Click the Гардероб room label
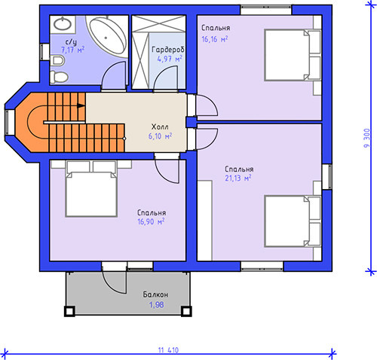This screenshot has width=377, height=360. pyautogui.click(x=168, y=50)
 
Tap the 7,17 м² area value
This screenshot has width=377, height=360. pyautogui.click(x=73, y=50)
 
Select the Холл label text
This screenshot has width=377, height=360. pyautogui.click(x=160, y=127)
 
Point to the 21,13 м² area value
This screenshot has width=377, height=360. pyautogui.click(x=238, y=178)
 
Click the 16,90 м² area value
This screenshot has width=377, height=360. pyautogui.click(x=151, y=221)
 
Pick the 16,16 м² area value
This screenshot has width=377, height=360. pyautogui.click(x=215, y=39)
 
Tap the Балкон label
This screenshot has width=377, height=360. pyautogui.click(x=155, y=294)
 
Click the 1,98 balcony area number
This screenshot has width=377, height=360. pyautogui.click(x=156, y=305)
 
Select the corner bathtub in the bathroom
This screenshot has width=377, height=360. pyautogui.click(x=107, y=36)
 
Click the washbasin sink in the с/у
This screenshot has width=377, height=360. pyautogui.click(x=63, y=24)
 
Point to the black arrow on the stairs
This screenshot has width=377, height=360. pyautogui.click(x=81, y=105)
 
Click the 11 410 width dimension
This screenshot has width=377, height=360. pyautogui.click(x=168, y=350)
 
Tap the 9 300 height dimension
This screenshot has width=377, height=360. pyautogui.click(x=367, y=138)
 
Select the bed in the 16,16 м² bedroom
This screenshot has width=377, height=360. pyautogui.click(x=293, y=55)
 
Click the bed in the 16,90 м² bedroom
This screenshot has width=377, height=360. pyautogui.click(x=91, y=189)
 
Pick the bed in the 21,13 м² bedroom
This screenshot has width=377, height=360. pyautogui.click(x=293, y=221)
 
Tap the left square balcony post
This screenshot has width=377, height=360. pyautogui.click(x=69, y=311)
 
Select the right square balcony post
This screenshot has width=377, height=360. pyautogui.click(x=186, y=311)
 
